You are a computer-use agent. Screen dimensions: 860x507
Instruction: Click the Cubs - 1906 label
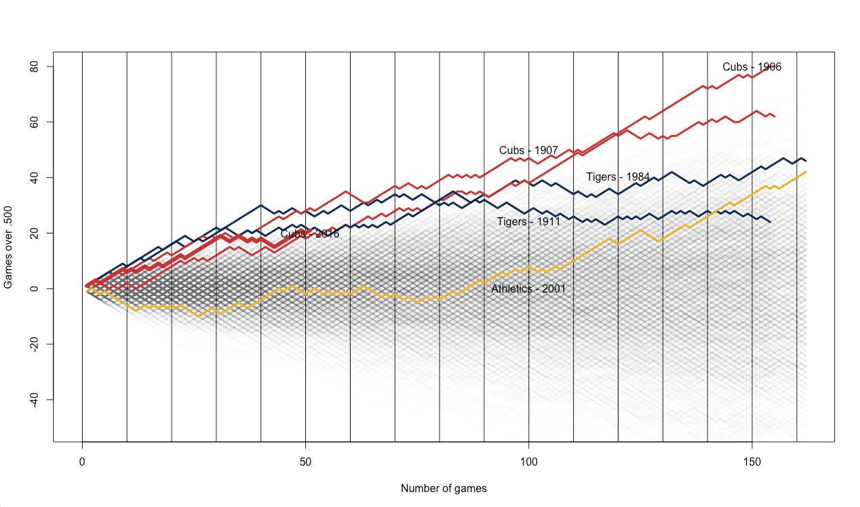[x=751, y=67]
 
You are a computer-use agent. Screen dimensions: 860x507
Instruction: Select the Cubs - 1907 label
[x=528, y=150]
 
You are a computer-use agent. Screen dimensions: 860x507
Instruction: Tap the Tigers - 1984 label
[x=618, y=176]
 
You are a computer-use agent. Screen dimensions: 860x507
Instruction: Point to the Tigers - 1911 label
[x=528, y=222]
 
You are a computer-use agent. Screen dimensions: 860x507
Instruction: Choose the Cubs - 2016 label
[x=310, y=233]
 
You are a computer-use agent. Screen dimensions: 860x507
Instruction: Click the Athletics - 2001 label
[x=528, y=289]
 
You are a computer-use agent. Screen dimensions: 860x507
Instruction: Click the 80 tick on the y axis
[x=34, y=67]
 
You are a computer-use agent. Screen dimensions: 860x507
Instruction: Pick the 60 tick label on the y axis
[x=34, y=122]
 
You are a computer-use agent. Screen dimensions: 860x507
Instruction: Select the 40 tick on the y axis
[x=34, y=177]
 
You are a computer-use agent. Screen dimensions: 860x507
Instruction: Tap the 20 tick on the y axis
[x=34, y=233]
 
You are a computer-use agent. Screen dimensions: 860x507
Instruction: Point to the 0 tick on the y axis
[x=34, y=288]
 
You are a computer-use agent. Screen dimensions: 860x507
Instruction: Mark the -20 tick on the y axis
[x=34, y=344]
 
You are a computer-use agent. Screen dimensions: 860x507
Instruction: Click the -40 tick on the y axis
[x=34, y=400]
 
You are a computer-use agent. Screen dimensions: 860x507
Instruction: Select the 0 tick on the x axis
[x=82, y=462]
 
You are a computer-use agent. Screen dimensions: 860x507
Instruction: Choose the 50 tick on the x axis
[x=305, y=462]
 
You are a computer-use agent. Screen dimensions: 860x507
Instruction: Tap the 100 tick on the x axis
[x=528, y=462]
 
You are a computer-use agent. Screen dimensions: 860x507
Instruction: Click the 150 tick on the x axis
[x=751, y=462]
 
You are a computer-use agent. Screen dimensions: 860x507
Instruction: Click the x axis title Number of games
[x=444, y=488]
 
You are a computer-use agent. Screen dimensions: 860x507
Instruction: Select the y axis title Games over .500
[x=8, y=247]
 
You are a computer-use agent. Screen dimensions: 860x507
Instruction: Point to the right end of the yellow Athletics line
[x=806, y=172]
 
